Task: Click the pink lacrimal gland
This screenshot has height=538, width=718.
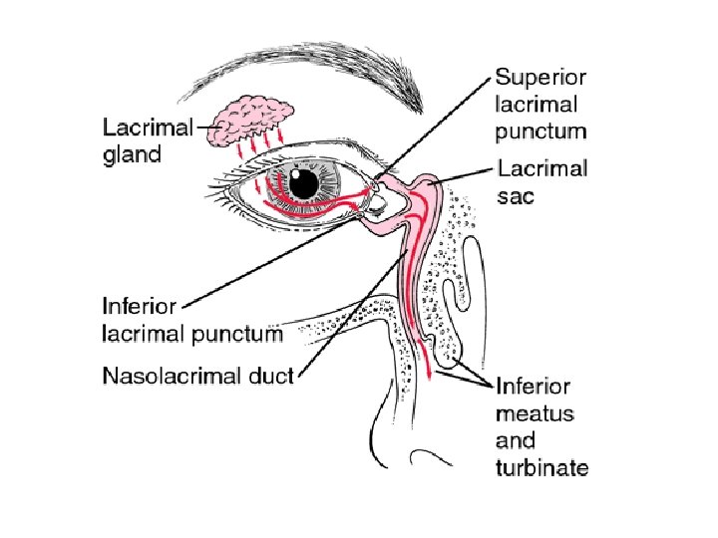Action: [257, 117]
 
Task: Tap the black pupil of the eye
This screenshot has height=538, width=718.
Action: [305, 182]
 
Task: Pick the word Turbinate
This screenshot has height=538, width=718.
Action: [542, 467]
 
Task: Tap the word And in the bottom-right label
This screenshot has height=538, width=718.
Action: [515, 440]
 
